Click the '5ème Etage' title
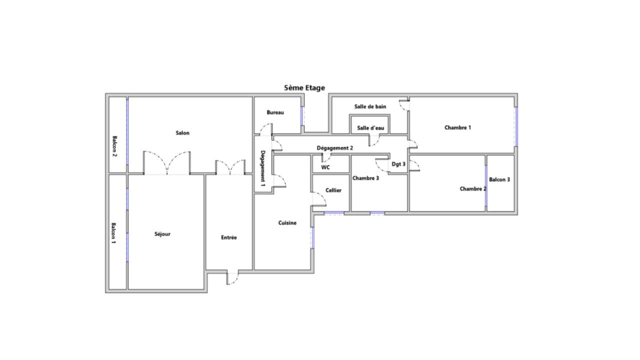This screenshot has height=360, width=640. (x=304, y=87)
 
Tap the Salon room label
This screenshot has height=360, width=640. (x=182, y=133)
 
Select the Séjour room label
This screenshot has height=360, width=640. (x=162, y=234)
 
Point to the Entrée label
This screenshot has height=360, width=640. (x=229, y=237)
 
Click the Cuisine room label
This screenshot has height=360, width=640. (x=287, y=223)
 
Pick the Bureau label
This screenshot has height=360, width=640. (x=275, y=112)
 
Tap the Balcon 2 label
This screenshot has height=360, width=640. (x=114, y=146)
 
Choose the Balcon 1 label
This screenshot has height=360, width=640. (x=113, y=233)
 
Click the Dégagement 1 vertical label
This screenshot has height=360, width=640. (x=263, y=168)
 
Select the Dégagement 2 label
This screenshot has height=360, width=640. (x=335, y=148)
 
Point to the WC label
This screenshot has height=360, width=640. (x=325, y=167)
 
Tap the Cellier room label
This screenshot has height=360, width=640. (x=333, y=190)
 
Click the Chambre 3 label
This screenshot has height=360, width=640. (x=365, y=178)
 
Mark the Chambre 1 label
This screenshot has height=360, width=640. (x=457, y=127)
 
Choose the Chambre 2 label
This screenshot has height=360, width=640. (x=473, y=189)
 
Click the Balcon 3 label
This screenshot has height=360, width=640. (x=499, y=179)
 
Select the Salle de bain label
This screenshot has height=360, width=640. (x=370, y=106)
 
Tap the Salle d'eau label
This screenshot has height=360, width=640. (x=370, y=128)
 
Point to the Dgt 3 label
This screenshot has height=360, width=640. (x=398, y=164)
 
